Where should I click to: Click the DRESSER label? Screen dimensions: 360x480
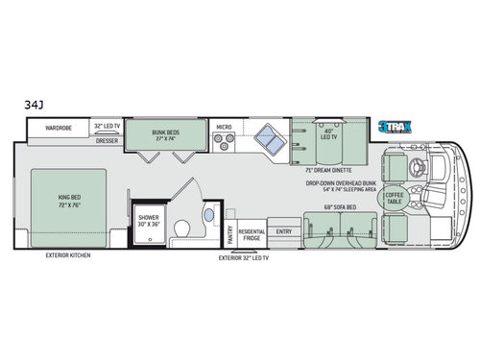[108, 140]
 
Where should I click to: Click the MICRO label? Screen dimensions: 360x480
[224, 126]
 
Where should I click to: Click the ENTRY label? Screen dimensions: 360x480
[284, 230]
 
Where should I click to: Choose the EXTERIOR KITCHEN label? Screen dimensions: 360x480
[68, 256]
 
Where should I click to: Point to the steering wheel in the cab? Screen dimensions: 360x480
[416, 163]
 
